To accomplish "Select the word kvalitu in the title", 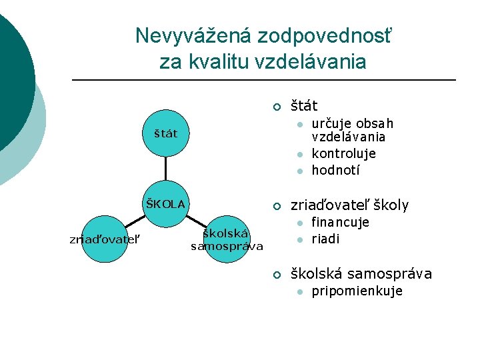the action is [x=220, y=62].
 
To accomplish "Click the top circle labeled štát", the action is [x=166, y=133].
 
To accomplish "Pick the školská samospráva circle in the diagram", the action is [x=227, y=239].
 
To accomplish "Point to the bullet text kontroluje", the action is [x=343, y=153].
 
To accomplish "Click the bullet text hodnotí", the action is [x=335, y=170].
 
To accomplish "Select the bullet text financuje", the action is [x=340, y=222].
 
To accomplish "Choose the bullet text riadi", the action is [x=325, y=239].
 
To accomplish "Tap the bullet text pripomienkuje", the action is [x=357, y=291].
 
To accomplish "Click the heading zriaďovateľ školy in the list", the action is [x=349, y=205].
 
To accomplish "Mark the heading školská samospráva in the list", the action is [x=361, y=273].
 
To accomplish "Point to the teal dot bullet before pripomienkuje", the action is [x=300, y=291].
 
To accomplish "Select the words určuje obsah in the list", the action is [x=353, y=124].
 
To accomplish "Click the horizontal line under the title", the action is [x=263, y=81].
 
